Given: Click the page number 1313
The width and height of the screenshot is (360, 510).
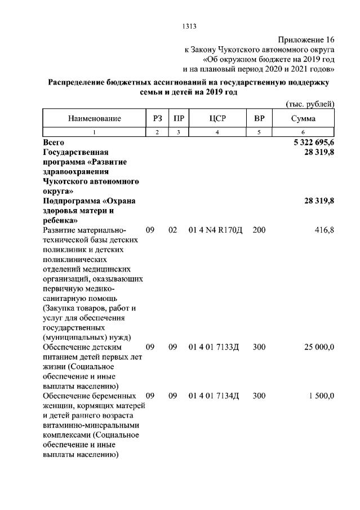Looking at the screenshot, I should point(189,26).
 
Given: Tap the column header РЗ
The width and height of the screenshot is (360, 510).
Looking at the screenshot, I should point(157,119).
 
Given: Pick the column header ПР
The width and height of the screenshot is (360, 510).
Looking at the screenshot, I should point(179,119).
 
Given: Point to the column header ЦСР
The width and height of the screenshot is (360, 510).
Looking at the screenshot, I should point(217,119).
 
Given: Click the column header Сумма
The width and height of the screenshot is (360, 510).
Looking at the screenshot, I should point(303,119).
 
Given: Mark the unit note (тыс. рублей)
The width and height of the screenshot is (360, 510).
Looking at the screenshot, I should point(310,104).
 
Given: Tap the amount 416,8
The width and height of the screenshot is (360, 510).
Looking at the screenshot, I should point(323,230).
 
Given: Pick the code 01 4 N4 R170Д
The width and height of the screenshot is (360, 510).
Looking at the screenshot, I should point(215,230).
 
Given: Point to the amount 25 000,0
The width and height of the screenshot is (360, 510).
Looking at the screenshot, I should point(319,347).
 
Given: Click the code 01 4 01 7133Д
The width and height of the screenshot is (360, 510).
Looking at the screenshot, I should point(214,347).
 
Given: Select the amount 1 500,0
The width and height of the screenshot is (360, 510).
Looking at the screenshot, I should point(322,396).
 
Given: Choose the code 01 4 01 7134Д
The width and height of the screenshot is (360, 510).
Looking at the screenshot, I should point(214,396).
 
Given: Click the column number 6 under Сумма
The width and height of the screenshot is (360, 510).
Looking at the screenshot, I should point(303,132).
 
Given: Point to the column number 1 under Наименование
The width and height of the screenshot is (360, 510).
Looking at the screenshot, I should point(94,132).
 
